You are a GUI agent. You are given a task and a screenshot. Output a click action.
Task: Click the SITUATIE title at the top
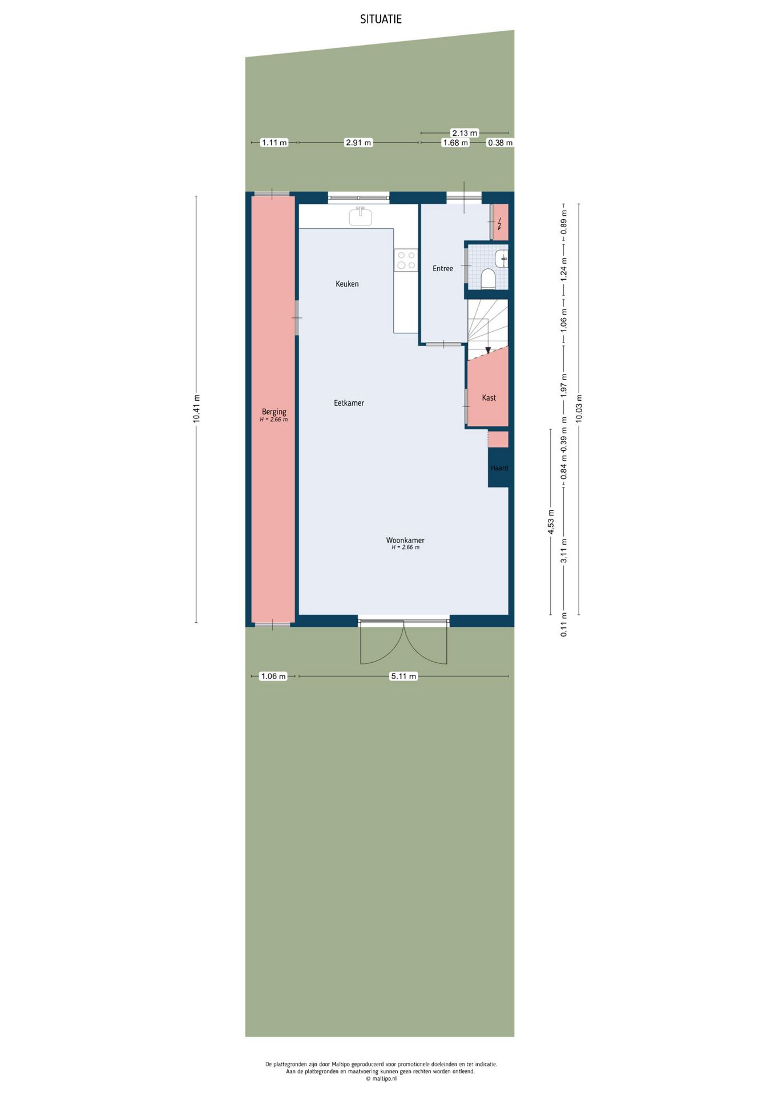(x=381, y=19)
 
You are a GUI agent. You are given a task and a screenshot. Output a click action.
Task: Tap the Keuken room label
(x=347, y=284)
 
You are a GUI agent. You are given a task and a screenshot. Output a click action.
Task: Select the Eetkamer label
(x=349, y=403)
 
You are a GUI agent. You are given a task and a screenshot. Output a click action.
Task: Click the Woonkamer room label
(x=405, y=540)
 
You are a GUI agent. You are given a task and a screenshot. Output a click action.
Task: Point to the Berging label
(x=274, y=412)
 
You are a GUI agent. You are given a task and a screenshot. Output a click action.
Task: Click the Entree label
(x=443, y=268)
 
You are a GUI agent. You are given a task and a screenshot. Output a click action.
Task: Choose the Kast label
(x=489, y=398)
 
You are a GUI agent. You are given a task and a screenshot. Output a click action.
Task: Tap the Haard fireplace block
(x=499, y=468)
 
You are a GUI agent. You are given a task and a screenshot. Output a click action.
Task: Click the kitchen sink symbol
(x=361, y=216)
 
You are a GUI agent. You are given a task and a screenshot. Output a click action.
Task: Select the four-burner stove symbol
(x=406, y=260)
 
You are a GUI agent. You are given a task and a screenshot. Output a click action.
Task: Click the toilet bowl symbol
(x=488, y=279)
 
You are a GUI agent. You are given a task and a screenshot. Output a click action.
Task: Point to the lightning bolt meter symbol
(x=500, y=222)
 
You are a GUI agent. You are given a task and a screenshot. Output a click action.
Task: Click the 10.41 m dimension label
(x=196, y=409)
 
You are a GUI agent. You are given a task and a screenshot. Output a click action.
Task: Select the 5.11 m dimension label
(x=403, y=676)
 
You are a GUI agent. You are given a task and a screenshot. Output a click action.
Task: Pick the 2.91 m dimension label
(x=358, y=143)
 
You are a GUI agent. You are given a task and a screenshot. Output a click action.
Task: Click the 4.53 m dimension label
(x=551, y=522)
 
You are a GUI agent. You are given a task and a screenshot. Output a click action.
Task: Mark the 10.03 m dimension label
(x=579, y=409)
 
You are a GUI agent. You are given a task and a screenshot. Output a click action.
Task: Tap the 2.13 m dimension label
(x=465, y=133)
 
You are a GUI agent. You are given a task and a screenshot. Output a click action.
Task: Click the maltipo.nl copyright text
(x=381, y=1079)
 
